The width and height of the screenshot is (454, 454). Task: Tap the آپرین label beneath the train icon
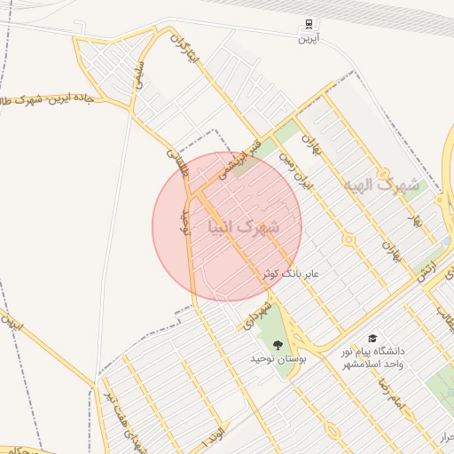click(308, 38)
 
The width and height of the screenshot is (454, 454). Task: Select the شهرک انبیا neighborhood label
click(243, 227)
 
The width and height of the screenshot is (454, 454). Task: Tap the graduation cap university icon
click(372, 338)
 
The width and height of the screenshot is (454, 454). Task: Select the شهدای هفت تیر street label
click(122, 416)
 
